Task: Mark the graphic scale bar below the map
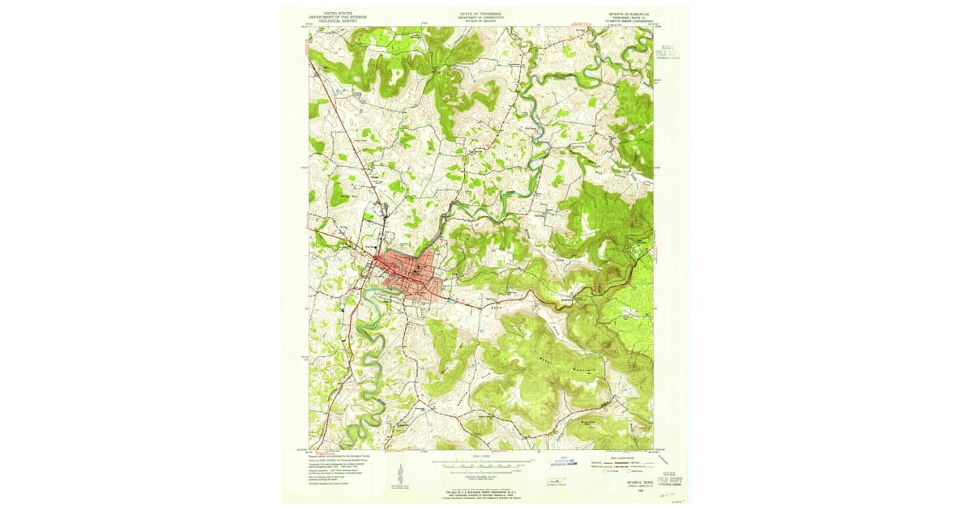481,465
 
